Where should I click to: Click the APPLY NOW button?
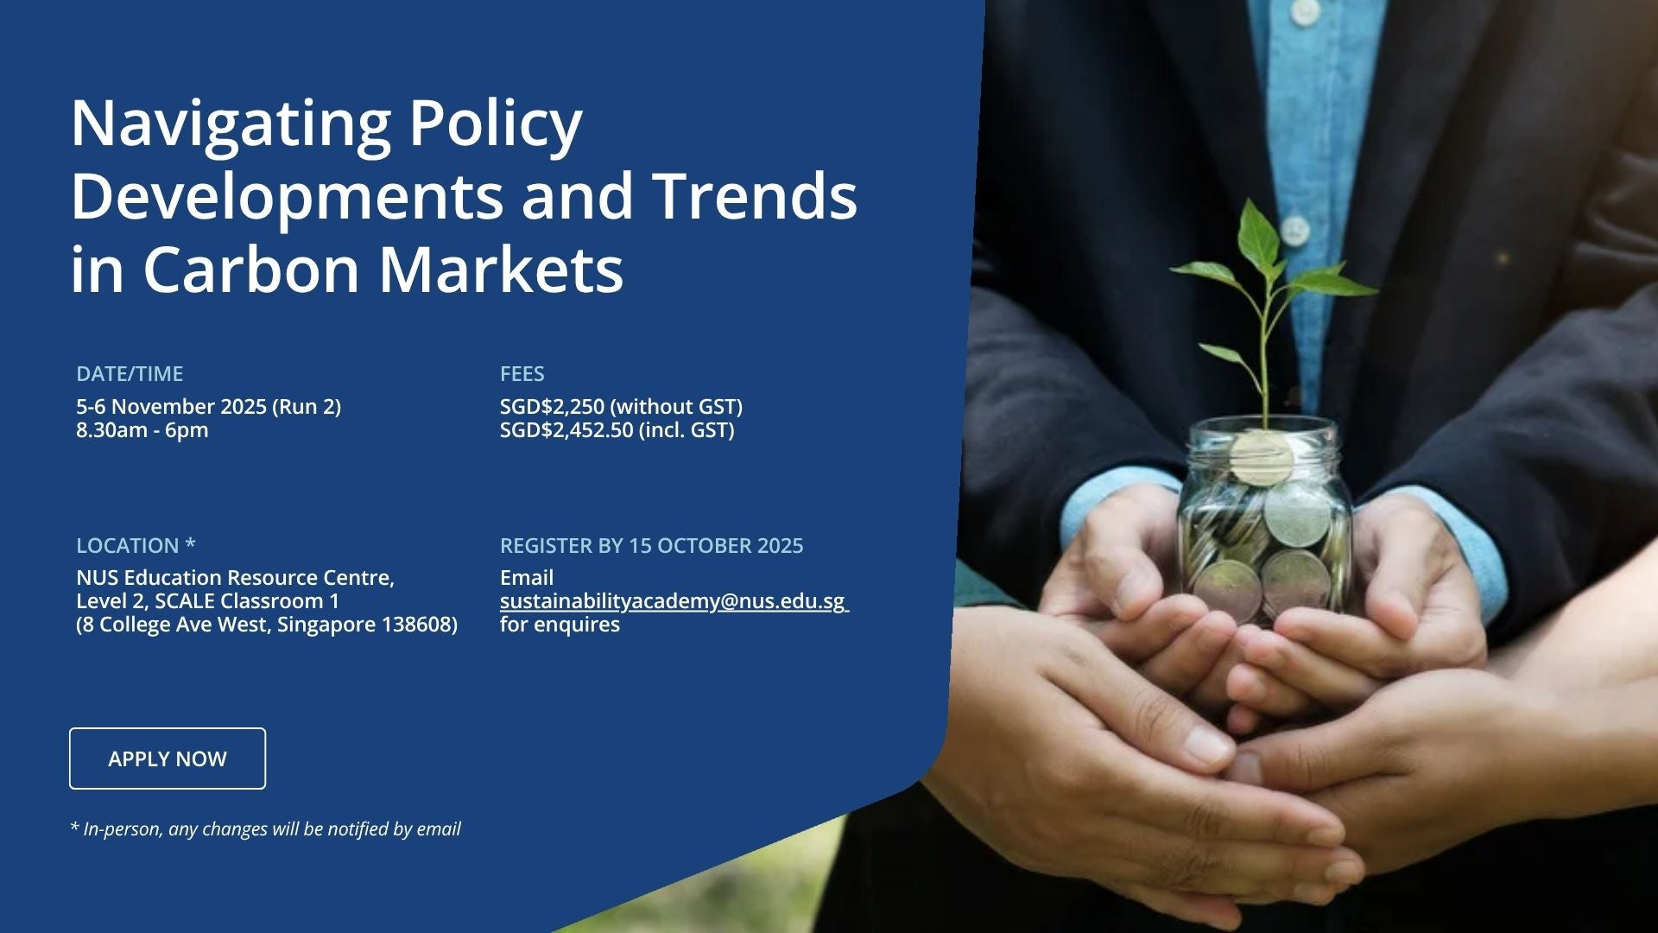click(168, 758)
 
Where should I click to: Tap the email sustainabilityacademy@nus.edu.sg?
click(673, 601)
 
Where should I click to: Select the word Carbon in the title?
click(250, 269)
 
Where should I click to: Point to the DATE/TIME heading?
click(130, 374)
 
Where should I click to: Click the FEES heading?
click(522, 374)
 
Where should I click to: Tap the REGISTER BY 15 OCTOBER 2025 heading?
click(652, 546)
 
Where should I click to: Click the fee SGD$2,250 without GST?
click(622, 407)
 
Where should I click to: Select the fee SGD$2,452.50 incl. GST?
click(617, 430)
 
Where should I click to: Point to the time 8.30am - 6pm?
click(142, 430)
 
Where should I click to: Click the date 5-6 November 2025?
click(171, 407)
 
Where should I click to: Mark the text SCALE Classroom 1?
click(247, 601)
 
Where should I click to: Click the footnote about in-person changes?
click(265, 829)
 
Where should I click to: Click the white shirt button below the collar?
click(1293, 230)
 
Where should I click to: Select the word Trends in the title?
click(754, 196)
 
